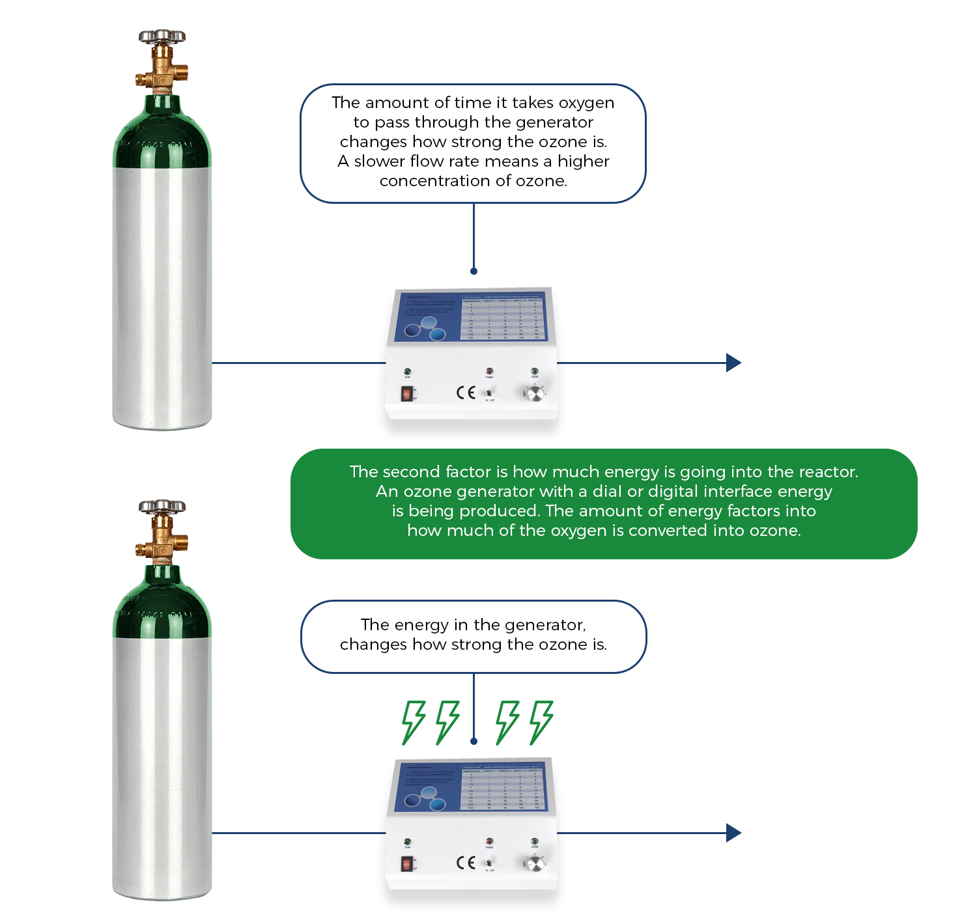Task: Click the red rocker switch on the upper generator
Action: pos(407,393)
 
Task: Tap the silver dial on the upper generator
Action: pos(535,393)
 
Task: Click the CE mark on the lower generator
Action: pos(466,863)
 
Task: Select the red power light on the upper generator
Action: pos(489,371)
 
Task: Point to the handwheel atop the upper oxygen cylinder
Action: pos(162,36)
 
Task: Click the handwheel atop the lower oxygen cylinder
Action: pos(162,506)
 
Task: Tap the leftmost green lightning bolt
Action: pos(413,721)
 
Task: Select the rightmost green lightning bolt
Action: pos(541,721)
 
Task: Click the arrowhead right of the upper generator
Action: pos(733,363)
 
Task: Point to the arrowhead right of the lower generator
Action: pos(733,833)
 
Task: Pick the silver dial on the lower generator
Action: pos(535,863)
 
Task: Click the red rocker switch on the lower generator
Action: pos(407,864)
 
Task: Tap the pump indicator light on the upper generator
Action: pos(408,371)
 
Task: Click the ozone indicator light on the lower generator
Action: pos(534,841)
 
